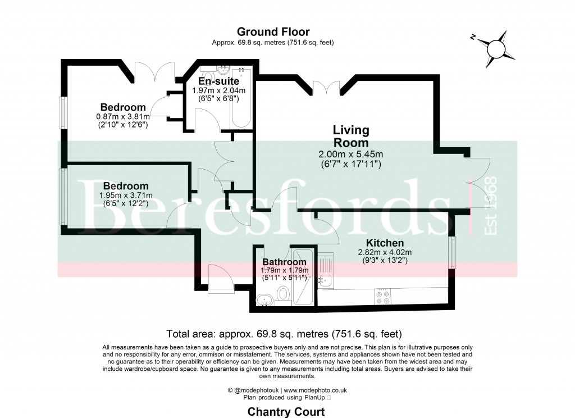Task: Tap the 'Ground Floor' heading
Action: point(273,32)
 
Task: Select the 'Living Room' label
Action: point(351,137)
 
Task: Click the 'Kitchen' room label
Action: point(381,243)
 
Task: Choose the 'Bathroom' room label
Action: point(285,262)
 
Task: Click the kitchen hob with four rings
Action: point(384,296)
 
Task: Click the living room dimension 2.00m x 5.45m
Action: point(350,155)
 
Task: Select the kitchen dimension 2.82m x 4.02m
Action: point(385,252)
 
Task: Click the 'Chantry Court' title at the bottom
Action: point(286,412)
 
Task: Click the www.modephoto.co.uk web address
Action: point(316,390)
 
